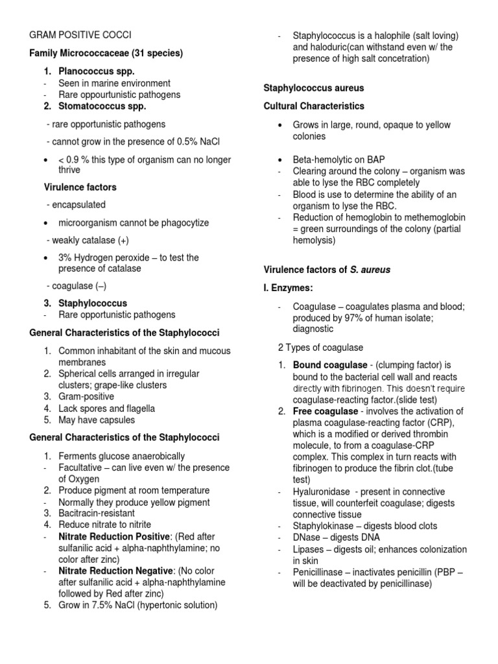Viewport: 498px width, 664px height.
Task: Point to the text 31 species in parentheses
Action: tap(157, 53)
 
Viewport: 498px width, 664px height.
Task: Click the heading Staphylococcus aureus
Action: tap(313, 88)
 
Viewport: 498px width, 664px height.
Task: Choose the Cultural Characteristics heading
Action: tap(314, 106)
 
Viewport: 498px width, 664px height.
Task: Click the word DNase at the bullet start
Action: tap(307, 538)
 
